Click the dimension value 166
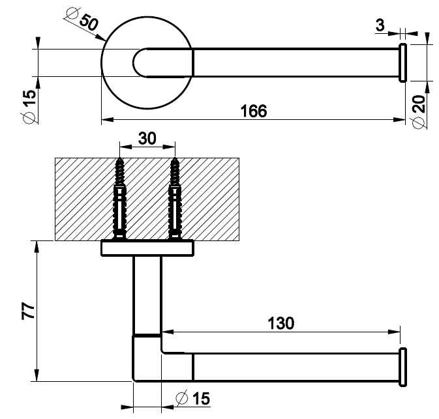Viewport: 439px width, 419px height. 253,111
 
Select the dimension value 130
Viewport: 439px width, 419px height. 281,323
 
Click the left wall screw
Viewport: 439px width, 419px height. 120,195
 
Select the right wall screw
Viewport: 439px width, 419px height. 174,195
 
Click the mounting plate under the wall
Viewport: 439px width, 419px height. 147,248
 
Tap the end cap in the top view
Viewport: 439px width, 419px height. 402,63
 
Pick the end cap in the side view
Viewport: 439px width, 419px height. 403,366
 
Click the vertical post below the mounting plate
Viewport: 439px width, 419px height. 147,293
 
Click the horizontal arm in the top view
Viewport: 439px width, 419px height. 294,63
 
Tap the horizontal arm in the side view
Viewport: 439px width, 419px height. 294,366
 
